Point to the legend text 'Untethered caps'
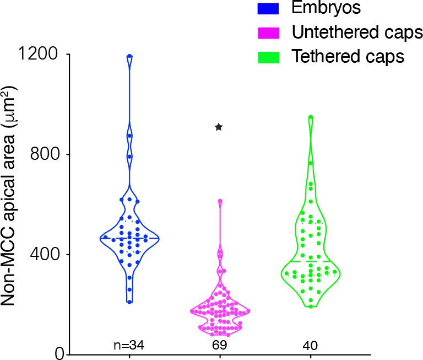coord(357,33)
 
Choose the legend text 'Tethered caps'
coord(348,56)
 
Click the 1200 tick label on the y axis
coord(40,55)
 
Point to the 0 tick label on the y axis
coord(57,354)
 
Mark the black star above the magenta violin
coord(219,127)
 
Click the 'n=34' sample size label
coord(129,346)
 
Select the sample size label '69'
coord(219,346)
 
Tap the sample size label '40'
coord(310,346)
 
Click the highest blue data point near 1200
coord(129,56)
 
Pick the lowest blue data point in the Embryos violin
coord(129,302)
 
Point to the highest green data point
coord(311,117)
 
